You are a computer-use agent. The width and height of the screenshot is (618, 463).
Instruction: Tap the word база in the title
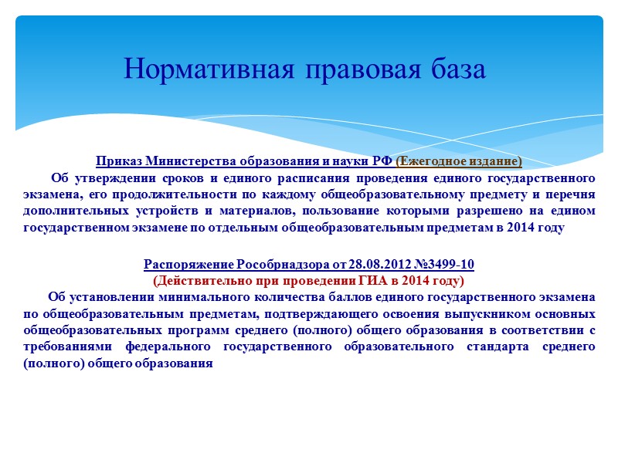point(455,70)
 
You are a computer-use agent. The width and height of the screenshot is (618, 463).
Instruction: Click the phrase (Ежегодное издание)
point(459,161)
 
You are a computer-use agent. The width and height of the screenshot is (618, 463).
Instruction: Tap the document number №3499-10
point(441,265)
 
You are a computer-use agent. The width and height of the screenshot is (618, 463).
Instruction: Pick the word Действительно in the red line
point(205,280)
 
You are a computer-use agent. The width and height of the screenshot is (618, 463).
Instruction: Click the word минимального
point(186,297)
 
